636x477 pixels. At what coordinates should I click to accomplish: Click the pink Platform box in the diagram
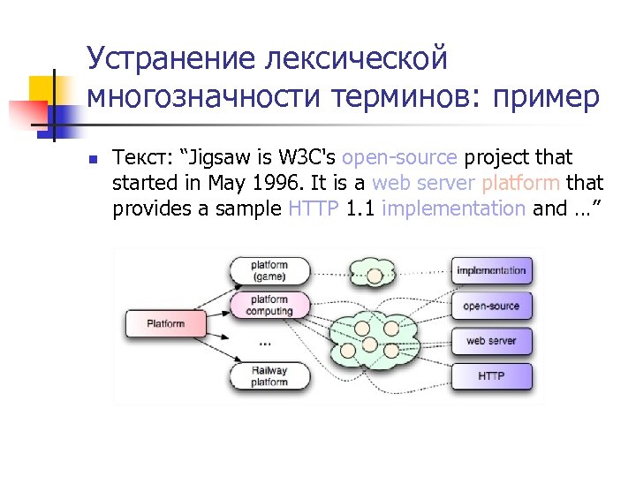tap(164, 323)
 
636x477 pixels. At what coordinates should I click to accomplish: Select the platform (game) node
tap(269, 270)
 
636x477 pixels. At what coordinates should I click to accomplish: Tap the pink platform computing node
tap(269, 306)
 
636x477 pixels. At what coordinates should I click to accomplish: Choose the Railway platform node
tap(269, 376)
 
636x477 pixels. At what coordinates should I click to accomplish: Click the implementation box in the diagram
tap(491, 270)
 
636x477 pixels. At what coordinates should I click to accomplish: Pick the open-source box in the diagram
tap(491, 307)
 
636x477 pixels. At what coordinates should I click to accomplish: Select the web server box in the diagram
tap(491, 341)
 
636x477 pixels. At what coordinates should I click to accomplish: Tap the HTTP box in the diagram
tap(491, 376)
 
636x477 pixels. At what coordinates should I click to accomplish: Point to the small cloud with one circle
tap(375, 273)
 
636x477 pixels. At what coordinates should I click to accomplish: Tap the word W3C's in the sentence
tap(306, 158)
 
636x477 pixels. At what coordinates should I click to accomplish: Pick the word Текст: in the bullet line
tap(142, 158)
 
